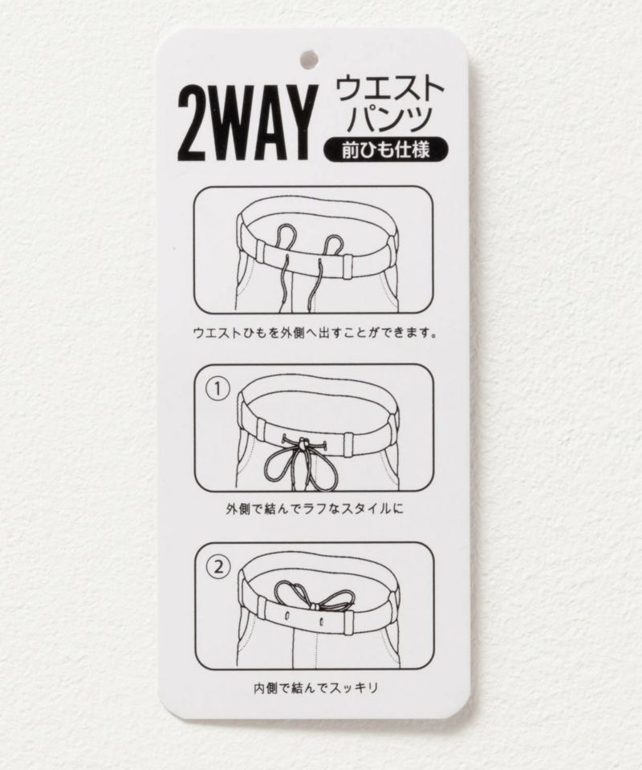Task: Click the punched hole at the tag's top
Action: coord(309,59)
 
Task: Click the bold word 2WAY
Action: coord(245,124)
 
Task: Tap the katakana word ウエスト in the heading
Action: coord(389,88)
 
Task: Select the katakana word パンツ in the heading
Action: coord(389,119)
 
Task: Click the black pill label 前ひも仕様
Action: coord(386,149)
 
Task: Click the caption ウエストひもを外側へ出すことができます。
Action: coord(315,333)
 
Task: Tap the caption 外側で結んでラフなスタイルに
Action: coord(315,509)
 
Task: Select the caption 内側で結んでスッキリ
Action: coord(316,687)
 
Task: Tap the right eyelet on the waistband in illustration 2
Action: coord(322,621)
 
